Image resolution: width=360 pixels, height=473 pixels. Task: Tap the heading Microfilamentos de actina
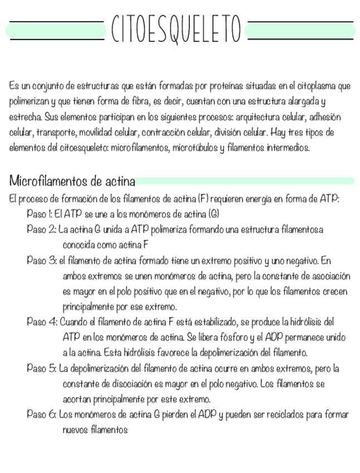72,182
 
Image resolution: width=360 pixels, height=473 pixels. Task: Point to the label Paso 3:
42,260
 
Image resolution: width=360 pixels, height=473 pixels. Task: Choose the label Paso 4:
42,322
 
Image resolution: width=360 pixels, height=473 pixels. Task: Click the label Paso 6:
42,414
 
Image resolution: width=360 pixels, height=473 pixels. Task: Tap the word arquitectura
257,118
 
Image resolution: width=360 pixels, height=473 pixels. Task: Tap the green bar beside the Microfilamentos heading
245,181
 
